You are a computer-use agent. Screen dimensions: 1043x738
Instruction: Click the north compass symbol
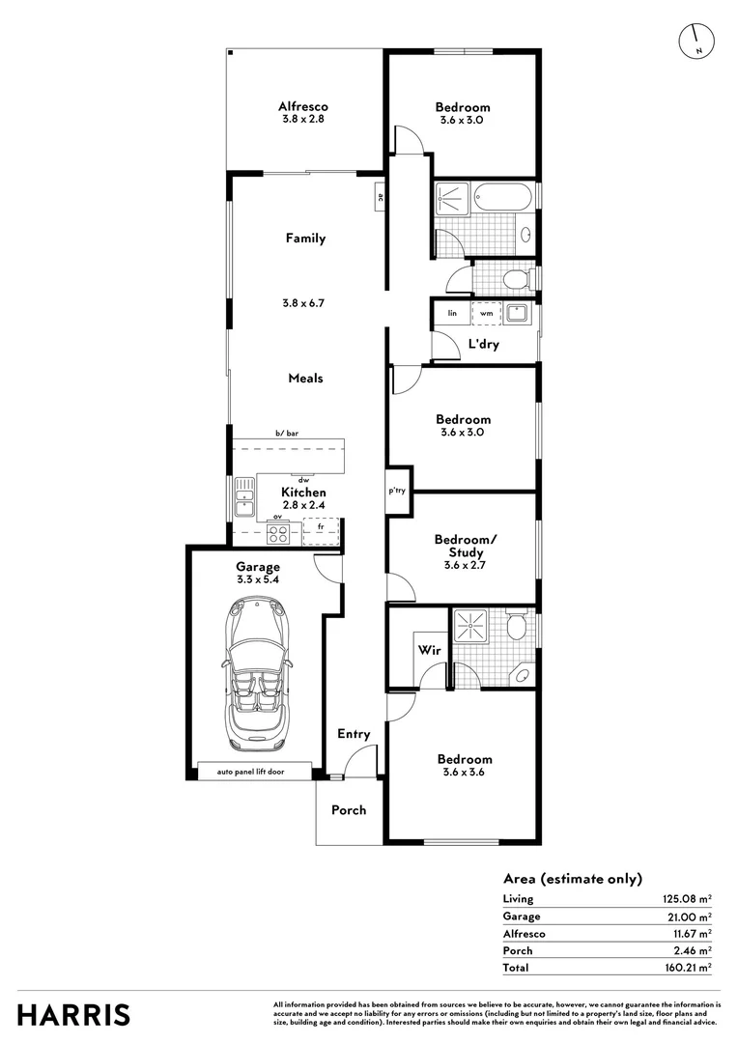(695, 39)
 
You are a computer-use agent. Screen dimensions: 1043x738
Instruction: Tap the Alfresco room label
(303, 107)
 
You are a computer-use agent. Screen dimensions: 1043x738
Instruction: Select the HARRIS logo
(74, 1015)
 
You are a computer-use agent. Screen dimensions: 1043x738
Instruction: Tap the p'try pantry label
(397, 491)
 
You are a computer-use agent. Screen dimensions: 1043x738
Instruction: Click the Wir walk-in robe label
(429, 651)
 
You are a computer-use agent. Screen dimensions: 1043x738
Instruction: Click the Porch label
(349, 810)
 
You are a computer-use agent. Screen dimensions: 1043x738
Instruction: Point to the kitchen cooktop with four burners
(278, 532)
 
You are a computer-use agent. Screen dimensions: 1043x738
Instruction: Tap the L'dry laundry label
(483, 345)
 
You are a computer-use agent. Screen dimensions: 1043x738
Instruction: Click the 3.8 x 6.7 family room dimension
(304, 302)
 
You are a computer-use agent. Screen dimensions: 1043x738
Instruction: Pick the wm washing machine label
(487, 313)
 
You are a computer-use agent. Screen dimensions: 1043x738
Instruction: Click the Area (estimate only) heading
(572, 879)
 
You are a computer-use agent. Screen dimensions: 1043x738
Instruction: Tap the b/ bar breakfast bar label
(288, 436)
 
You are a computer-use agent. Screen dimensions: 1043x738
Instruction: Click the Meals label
(305, 379)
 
